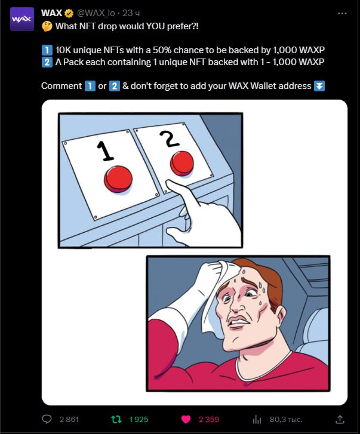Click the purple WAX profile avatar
22,19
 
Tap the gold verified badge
69,13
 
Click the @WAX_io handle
96,13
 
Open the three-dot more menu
342,13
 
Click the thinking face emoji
47,26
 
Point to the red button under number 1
118,179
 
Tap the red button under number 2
182,164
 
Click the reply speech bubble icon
47,419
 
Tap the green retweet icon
116,419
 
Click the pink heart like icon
186,420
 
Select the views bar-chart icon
257,420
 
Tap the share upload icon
340,419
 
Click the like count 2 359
208,420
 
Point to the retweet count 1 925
139,420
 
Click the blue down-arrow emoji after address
319,86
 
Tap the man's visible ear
281,316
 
